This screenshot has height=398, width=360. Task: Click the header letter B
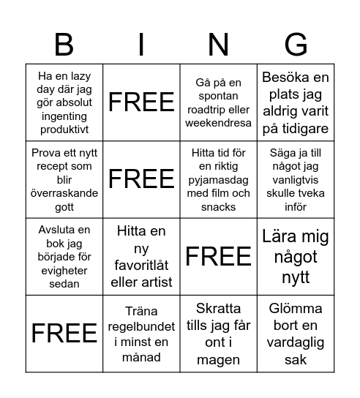(x=64, y=45)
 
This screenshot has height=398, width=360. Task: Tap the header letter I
(x=142, y=45)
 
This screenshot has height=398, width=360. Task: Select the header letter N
(x=219, y=45)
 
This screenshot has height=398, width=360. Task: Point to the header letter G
(x=296, y=45)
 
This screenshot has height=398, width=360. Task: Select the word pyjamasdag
(x=218, y=180)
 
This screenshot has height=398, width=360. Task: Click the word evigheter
(x=65, y=271)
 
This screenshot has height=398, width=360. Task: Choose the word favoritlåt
(x=142, y=264)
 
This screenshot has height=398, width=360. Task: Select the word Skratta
(x=219, y=308)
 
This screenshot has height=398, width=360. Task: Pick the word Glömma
(x=296, y=308)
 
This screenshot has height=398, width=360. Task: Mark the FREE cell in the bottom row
(x=64, y=334)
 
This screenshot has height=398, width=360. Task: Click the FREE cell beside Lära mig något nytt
(x=219, y=256)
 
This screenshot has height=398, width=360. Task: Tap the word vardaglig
(x=296, y=342)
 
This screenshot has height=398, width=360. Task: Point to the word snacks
(x=219, y=207)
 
